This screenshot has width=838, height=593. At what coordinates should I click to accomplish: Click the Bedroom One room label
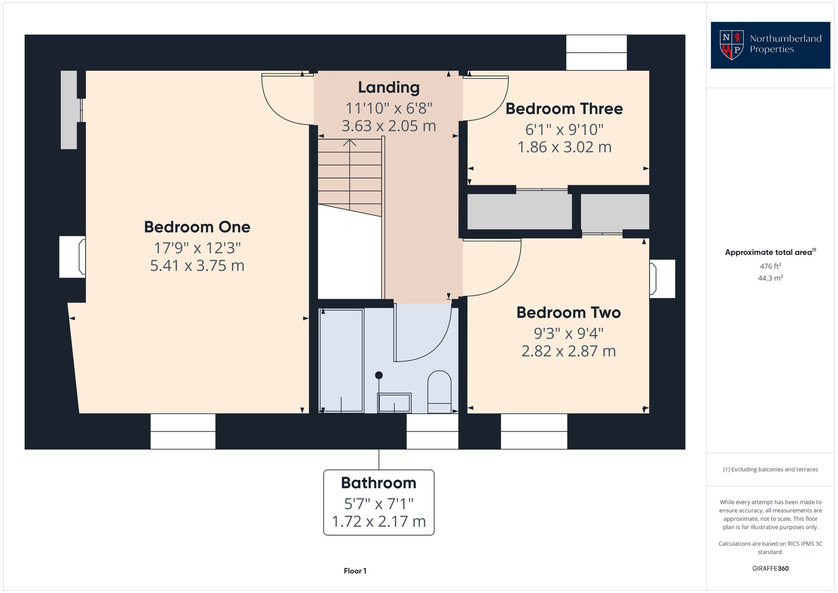tap(197, 227)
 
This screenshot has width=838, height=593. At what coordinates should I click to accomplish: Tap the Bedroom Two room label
tap(568, 312)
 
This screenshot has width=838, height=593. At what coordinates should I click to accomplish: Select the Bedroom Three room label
tap(564, 109)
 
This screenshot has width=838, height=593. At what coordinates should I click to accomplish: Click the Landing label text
tap(388, 87)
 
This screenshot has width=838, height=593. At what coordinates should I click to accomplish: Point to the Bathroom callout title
tap(378, 483)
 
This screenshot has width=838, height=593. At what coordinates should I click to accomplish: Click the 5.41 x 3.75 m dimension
tap(197, 265)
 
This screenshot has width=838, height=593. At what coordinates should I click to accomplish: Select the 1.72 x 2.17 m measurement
tap(378, 521)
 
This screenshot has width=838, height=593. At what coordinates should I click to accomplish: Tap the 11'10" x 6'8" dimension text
tap(388, 108)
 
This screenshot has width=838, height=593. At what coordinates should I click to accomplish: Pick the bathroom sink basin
tap(394, 403)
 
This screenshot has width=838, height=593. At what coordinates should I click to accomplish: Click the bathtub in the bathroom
tap(341, 360)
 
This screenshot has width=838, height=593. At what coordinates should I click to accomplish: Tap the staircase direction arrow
tap(349, 143)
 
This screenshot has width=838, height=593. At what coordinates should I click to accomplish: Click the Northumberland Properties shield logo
tap(731, 45)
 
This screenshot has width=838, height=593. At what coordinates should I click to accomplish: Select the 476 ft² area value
tap(770, 266)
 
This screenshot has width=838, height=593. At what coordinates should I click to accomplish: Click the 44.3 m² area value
tap(770, 278)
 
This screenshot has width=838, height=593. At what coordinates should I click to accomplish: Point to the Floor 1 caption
tap(355, 571)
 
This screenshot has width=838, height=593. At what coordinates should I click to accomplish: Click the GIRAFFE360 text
tap(770, 568)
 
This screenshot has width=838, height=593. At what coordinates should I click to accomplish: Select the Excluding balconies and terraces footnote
tap(770, 469)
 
